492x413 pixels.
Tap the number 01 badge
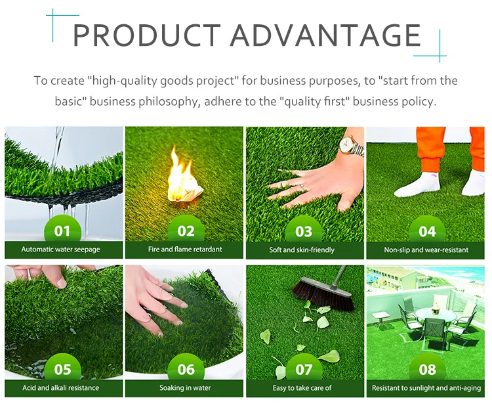coord(62,231)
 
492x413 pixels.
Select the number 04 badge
coord(427,231)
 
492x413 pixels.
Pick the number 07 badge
coord(304,369)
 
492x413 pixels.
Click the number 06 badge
coord(186,369)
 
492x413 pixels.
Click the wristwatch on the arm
coord(355,146)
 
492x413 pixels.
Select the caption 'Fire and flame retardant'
coord(185,250)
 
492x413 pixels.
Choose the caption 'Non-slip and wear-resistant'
coord(427,250)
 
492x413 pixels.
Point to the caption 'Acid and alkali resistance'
coord(61,388)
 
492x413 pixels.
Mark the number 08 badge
coord(427,369)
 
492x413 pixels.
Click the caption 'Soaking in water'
coord(185,388)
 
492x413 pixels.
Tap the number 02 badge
coord(186,231)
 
